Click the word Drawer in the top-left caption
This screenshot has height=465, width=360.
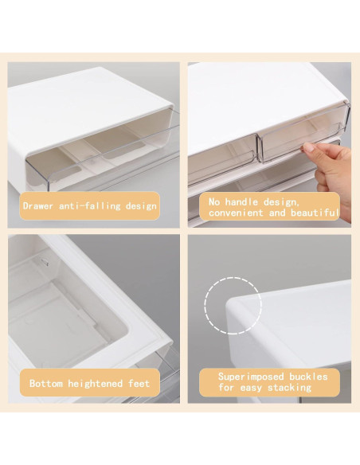[x=39, y=205]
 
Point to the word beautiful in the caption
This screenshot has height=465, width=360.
[x=318, y=213]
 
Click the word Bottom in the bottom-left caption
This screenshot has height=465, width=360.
[x=46, y=384]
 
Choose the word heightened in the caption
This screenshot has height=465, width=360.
[x=96, y=384]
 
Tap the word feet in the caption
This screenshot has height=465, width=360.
[x=139, y=384]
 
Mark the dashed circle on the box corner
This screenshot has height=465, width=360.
[x=233, y=305]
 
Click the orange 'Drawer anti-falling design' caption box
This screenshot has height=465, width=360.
[x=89, y=205]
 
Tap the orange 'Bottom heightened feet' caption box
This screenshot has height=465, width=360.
[x=89, y=384]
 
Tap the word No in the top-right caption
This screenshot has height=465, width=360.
[x=215, y=202]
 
